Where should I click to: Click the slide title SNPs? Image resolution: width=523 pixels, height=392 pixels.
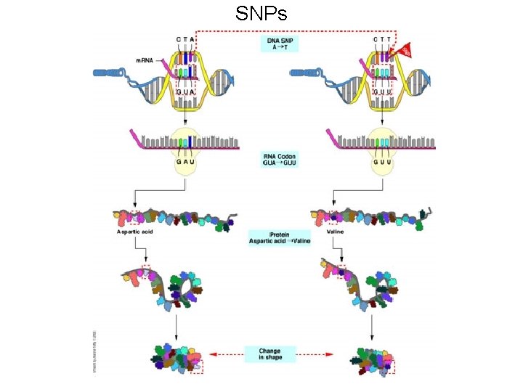point(261,14)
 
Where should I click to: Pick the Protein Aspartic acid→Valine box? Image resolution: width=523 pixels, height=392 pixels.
point(279,237)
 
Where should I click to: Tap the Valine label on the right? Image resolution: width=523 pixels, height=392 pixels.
point(336,232)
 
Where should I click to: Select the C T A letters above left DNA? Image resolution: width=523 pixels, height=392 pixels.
point(186,40)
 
